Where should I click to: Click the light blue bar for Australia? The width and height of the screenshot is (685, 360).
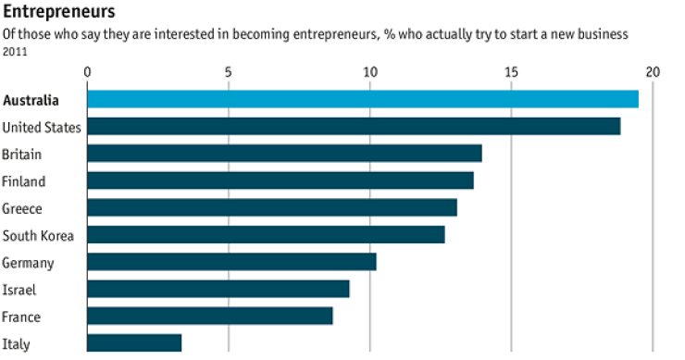(362, 99)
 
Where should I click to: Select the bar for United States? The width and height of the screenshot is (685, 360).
(354, 127)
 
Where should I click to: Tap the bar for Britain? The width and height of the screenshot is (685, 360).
(284, 154)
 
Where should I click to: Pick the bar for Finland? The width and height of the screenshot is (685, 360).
(280, 180)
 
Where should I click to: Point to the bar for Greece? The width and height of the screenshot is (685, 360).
(271, 207)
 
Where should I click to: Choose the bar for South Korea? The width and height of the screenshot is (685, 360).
(266, 235)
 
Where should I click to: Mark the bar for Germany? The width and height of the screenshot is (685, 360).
(231, 262)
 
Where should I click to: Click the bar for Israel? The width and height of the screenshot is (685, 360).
(218, 289)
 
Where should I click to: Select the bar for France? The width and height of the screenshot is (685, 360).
(209, 317)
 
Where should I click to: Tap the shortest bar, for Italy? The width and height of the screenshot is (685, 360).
(134, 343)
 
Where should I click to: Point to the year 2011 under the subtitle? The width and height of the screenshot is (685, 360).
(14, 52)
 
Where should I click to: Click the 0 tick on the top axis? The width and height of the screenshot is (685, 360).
(87, 72)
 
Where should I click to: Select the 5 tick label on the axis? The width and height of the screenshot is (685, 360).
(228, 72)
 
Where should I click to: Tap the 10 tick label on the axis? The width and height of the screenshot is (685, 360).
(369, 72)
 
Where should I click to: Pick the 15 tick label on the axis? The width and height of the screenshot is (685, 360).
(511, 72)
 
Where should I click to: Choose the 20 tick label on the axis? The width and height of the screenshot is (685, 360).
(653, 72)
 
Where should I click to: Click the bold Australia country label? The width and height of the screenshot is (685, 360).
(32, 100)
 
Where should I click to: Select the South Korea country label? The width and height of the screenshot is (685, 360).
(38, 235)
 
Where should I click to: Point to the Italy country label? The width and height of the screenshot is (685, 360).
(15, 343)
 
